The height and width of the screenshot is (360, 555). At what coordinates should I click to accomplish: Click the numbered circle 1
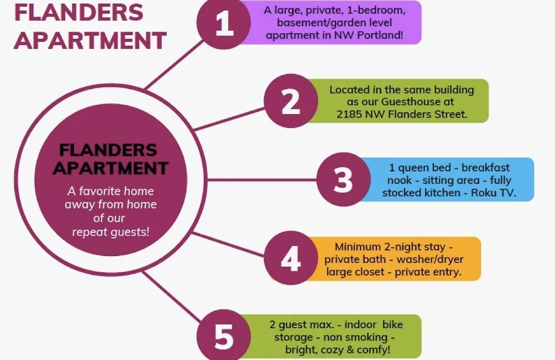point(224,22)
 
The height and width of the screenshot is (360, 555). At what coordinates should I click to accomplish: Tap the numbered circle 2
point(291,101)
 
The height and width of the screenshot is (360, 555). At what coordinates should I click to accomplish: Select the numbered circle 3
point(343,179)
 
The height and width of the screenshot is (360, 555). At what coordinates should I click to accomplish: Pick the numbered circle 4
point(291,258)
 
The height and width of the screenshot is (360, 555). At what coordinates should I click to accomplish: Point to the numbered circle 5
point(224,336)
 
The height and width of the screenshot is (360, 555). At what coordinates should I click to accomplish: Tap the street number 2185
point(349,114)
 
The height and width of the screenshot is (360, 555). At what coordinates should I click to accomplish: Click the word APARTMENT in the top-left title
point(90,41)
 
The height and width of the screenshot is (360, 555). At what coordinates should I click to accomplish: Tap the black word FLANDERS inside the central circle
point(108,150)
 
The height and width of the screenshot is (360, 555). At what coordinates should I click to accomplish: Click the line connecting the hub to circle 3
point(262,179)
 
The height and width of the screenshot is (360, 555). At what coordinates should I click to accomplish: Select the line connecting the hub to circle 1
point(175,64)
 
